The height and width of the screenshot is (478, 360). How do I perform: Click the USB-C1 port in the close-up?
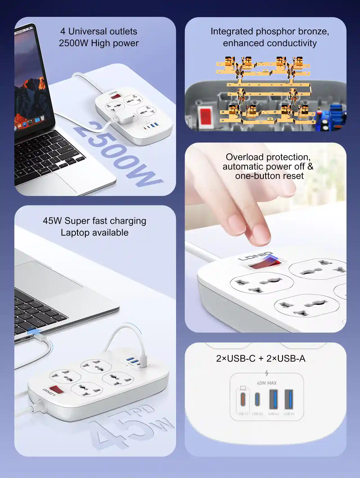243,400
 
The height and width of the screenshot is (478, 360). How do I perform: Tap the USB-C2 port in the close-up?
257,400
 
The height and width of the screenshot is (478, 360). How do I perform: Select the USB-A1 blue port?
274,399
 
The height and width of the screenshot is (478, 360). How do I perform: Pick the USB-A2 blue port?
289,399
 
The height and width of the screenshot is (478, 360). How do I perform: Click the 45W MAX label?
267,383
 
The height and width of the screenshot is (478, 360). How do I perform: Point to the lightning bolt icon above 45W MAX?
267,373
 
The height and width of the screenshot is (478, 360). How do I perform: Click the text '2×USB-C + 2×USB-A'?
261,358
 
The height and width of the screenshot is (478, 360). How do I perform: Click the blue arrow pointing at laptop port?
35,332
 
